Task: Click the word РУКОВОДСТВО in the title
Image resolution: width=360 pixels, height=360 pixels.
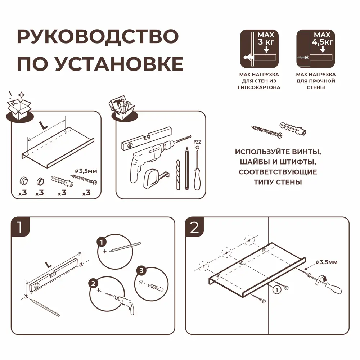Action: point(98,37)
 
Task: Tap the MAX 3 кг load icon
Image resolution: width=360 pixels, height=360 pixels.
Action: point(259,49)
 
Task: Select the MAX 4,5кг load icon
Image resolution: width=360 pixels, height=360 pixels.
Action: point(316,49)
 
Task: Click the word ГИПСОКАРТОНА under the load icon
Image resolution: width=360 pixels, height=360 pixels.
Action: point(259,87)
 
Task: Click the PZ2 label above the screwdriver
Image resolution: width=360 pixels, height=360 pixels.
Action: point(197,142)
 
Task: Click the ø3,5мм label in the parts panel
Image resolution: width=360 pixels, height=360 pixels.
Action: point(85,171)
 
